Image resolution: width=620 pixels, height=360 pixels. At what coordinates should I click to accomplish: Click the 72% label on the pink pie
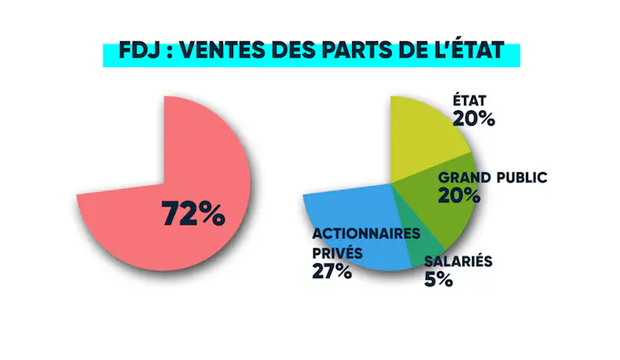pos(193,213)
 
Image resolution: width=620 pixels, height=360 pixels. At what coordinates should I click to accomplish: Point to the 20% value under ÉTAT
pos(475,119)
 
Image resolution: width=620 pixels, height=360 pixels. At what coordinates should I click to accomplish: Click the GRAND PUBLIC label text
pos(493,177)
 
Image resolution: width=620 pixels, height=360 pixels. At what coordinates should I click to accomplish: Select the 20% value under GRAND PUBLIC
pos(459,196)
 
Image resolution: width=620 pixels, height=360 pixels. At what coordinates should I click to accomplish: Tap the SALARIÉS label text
pos(458,260)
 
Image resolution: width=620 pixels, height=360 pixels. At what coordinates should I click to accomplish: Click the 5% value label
pos(438,279)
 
